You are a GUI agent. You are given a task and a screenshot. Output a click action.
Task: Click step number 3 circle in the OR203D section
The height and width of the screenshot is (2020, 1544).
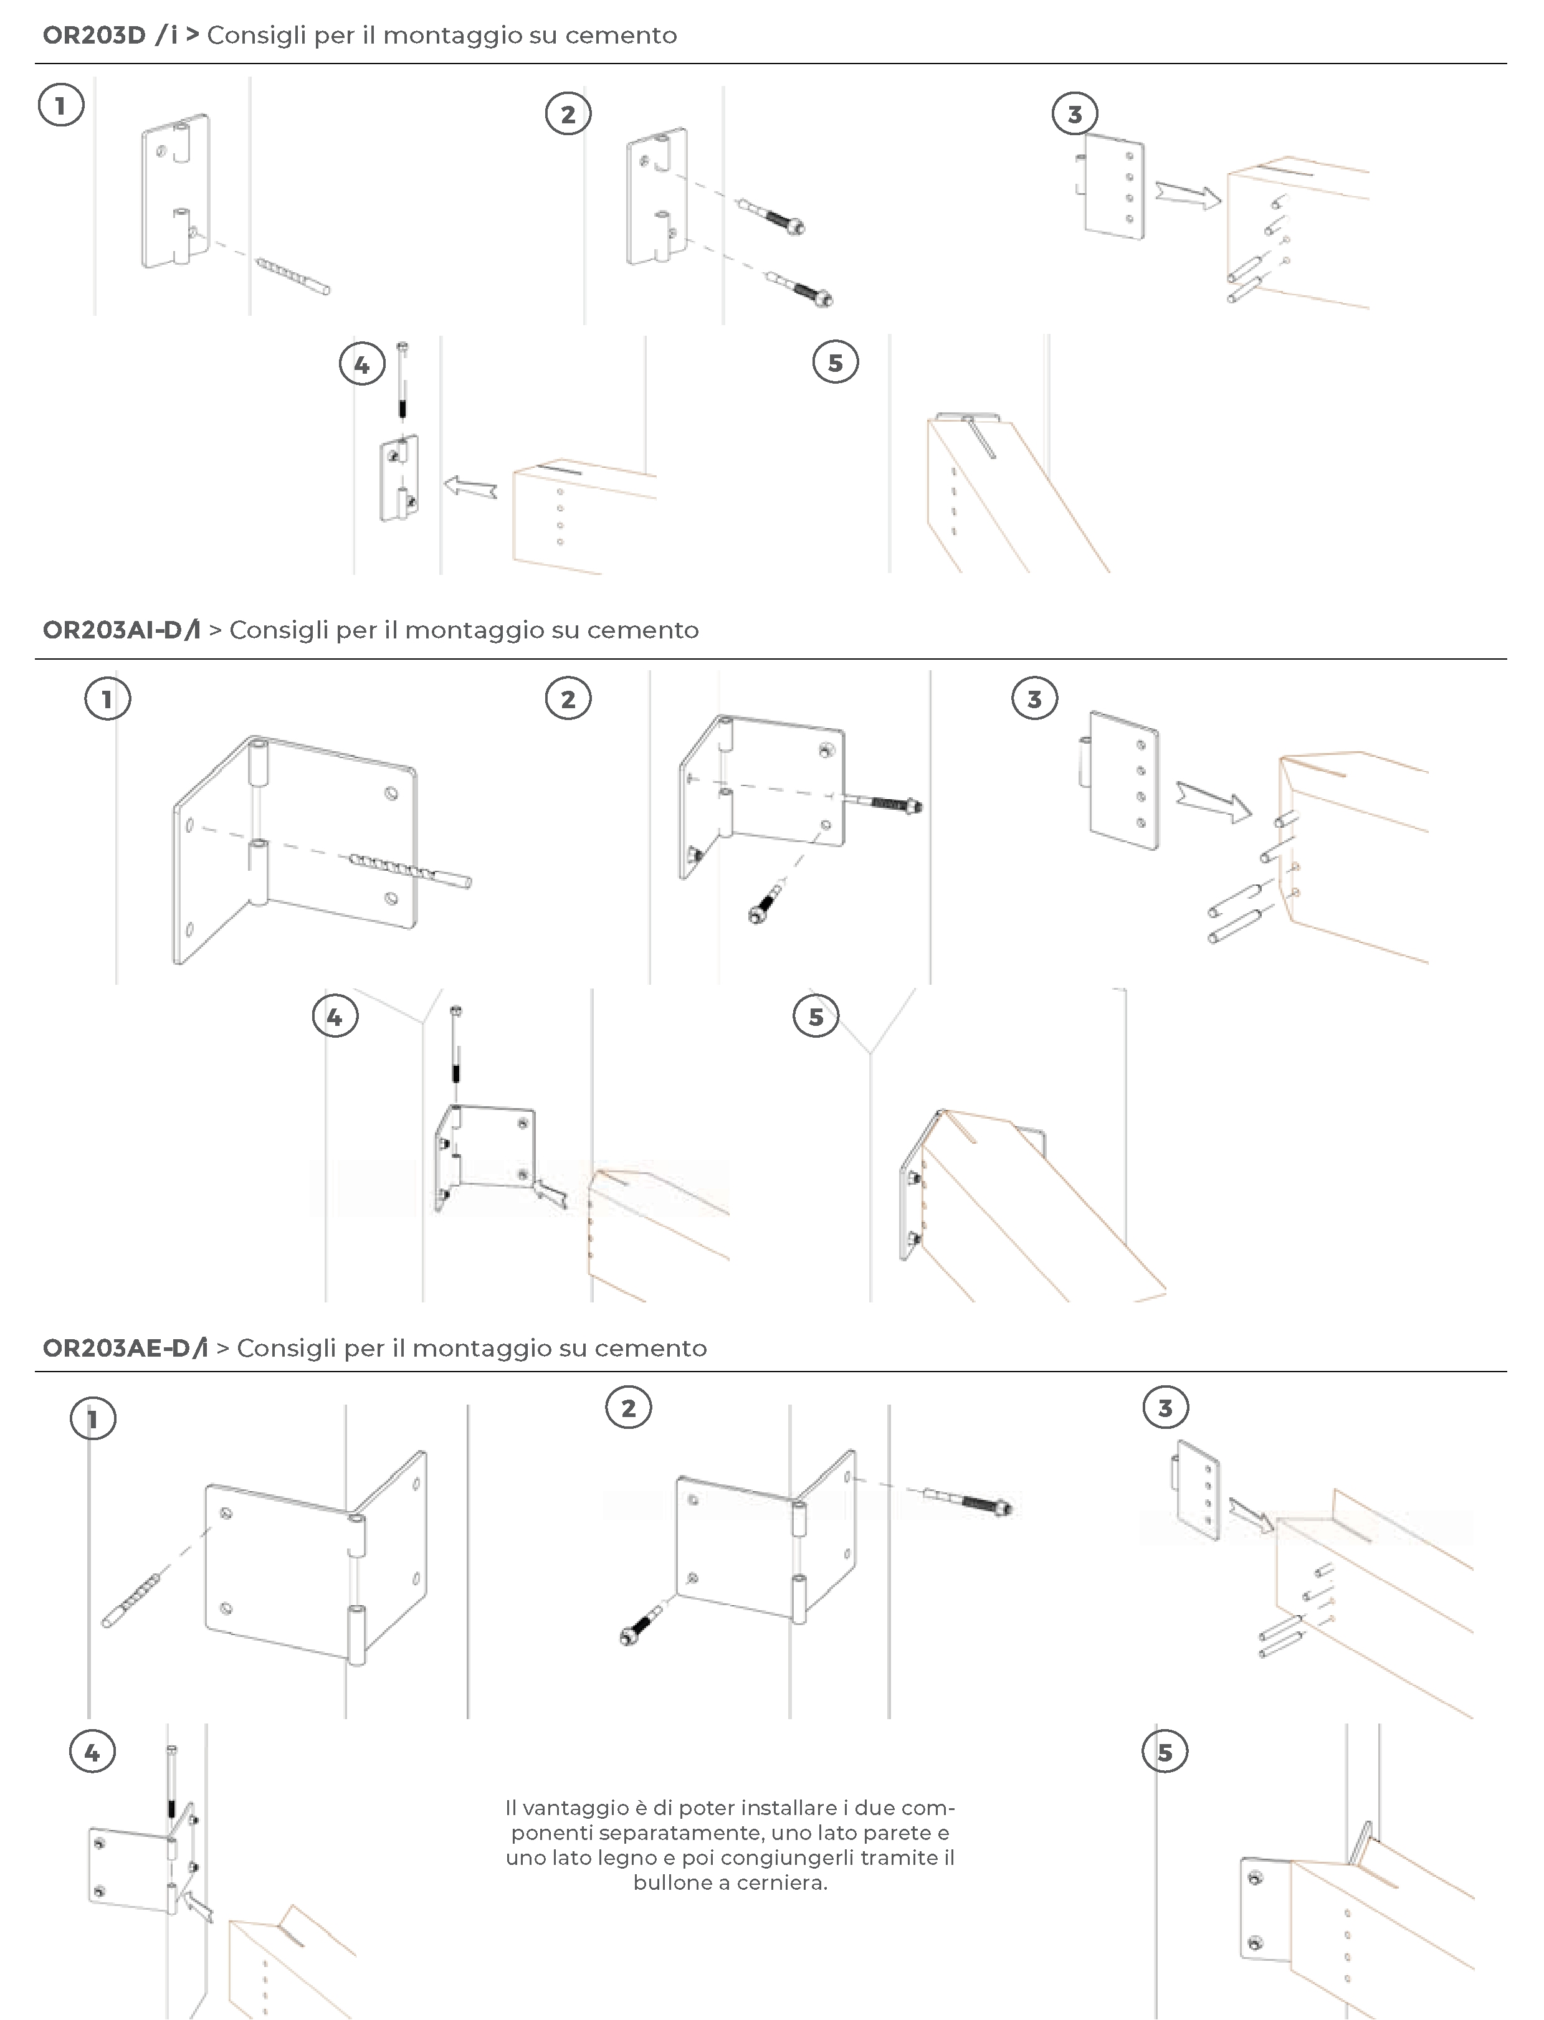pyautogui.click(x=1074, y=114)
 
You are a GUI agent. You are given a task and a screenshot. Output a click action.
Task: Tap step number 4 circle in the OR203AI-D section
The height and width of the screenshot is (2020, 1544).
pyautogui.click(x=335, y=1017)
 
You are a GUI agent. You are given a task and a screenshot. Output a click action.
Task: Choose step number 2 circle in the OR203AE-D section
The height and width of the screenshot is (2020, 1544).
pyautogui.click(x=629, y=1408)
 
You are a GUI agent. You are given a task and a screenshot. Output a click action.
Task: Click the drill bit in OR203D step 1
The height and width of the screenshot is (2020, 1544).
pyautogui.click(x=292, y=277)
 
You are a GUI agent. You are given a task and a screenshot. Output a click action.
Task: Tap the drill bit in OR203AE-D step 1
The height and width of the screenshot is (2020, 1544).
pyautogui.click(x=133, y=1600)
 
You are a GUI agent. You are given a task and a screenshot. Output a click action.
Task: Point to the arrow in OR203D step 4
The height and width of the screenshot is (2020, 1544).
pyautogui.click(x=470, y=487)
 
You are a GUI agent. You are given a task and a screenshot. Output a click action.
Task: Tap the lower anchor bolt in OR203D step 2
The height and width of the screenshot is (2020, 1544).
pyautogui.click(x=801, y=288)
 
